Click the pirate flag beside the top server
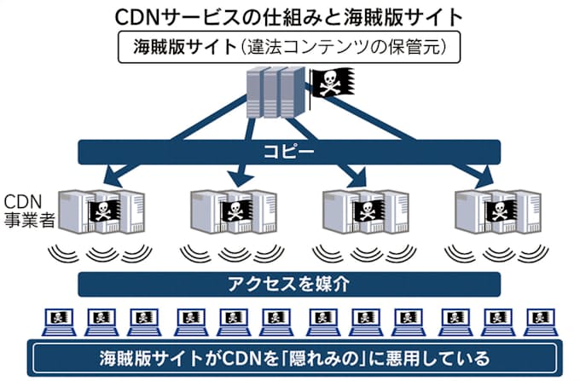(x=328, y=82)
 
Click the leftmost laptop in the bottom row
(x=58, y=322)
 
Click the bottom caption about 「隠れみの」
(x=293, y=358)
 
